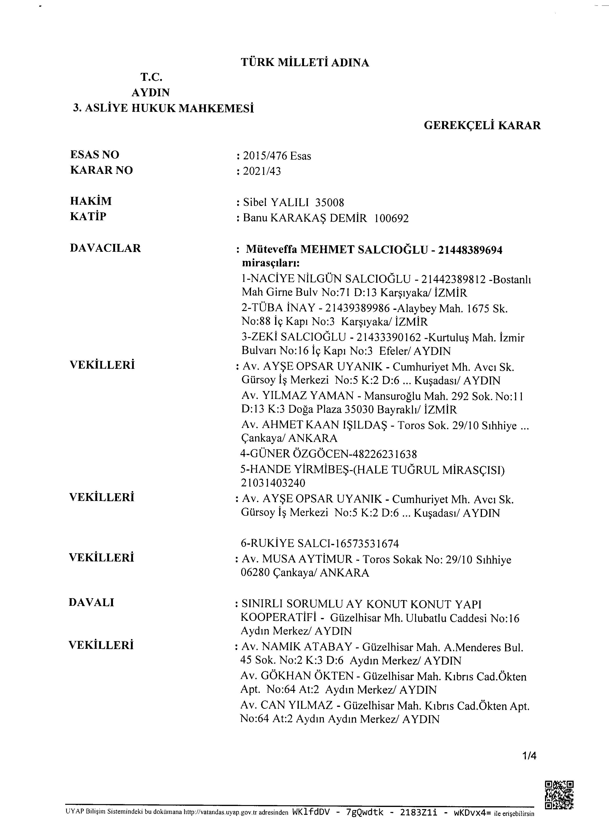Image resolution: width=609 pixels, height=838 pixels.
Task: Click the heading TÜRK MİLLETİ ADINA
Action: tap(305, 62)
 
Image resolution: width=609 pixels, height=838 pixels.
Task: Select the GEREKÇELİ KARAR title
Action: tap(482, 126)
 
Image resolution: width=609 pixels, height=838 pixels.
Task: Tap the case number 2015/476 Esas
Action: tap(277, 156)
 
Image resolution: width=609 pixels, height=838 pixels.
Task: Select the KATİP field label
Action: tap(88, 216)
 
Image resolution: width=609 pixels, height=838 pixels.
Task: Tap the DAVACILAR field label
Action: tap(105, 248)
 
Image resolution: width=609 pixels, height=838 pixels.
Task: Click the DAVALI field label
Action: tap(91, 603)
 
